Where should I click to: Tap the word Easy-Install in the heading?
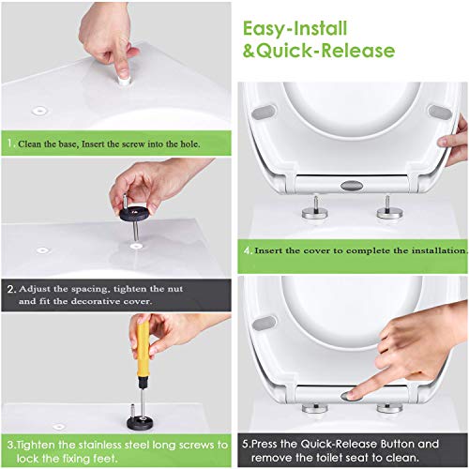pyautogui.click(x=295, y=29)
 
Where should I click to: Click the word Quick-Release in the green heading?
pyautogui.click(x=326, y=51)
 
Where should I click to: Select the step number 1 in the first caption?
pyautogui.click(x=10, y=144)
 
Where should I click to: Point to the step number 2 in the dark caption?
pyautogui.click(x=11, y=289)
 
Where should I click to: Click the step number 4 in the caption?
pyautogui.click(x=248, y=250)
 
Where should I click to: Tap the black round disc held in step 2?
pyautogui.click(x=135, y=214)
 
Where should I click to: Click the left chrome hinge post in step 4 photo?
pyautogui.click(x=315, y=208)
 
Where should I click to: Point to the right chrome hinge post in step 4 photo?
pyautogui.click(x=388, y=208)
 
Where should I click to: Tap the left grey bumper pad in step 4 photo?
pyautogui.click(x=265, y=112)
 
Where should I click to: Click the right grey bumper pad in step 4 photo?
pyautogui.click(x=441, y=111)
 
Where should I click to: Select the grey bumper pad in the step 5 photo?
pyautogui.click(x=265, y=324)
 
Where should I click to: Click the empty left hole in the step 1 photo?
pyautogui.click(x=39, y=111)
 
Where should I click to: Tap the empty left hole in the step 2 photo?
pyautogui.click(x=42, y=250)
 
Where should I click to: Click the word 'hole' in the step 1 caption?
pyautogui.click(x=189, y=144)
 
